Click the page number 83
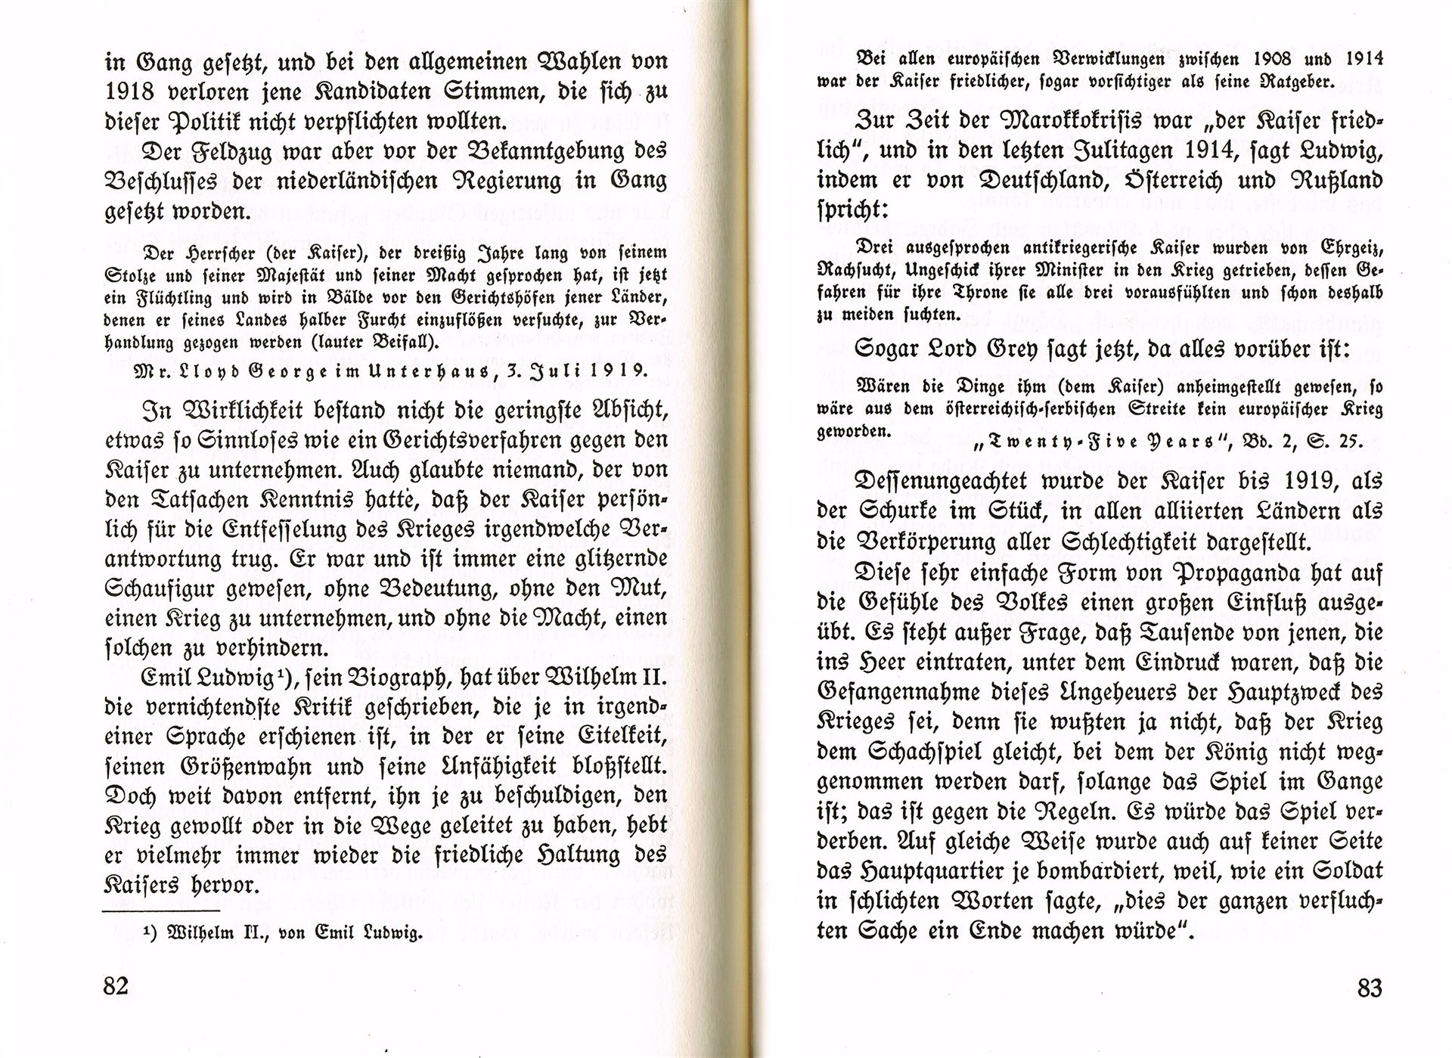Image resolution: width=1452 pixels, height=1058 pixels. coord(1370,987)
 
